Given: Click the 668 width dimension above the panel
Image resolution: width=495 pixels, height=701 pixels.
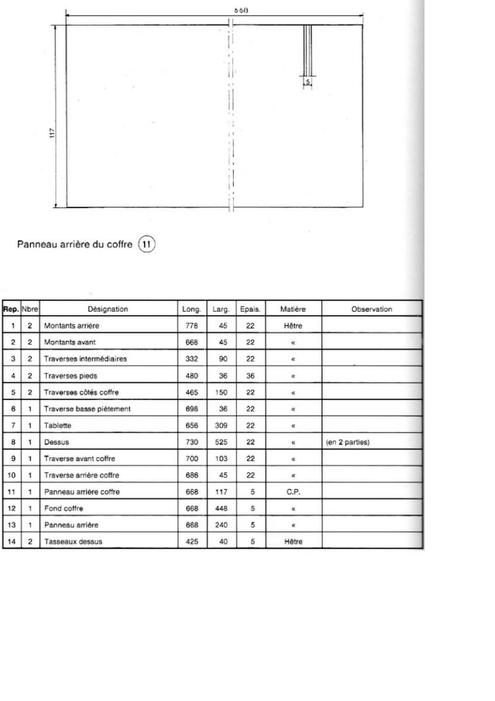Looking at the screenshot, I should (x=240, y=10).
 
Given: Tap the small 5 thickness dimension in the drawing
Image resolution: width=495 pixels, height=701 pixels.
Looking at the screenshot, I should (x=308, y=80).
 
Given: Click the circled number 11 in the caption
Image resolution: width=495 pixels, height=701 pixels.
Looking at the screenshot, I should (x=147, y=245).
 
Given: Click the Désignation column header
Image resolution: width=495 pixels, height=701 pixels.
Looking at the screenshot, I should (x=108, y=309).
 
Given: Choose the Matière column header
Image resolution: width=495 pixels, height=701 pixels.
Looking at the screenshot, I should (x=293, y=309).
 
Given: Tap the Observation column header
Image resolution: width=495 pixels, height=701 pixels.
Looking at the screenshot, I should (x=371, y=309).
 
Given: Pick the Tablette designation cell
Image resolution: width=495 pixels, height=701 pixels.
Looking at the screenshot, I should (x=56, y=425).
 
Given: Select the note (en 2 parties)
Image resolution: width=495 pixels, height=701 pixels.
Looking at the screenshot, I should (x=348, y=442).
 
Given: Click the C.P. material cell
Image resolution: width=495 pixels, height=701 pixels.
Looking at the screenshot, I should (x=293, y=491).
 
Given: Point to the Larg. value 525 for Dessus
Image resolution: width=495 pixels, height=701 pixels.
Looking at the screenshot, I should (x=222, y=442).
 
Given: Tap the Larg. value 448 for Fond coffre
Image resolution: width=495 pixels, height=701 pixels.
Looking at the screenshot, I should (x=222, y=508).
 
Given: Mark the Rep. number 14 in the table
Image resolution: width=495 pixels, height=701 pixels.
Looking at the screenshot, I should (x=12, y=541).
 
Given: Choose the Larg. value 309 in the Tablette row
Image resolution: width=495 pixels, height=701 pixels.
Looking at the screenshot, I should (x=222, y=425).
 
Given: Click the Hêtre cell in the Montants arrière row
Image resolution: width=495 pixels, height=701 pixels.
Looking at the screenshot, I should (x=293, y=326).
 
